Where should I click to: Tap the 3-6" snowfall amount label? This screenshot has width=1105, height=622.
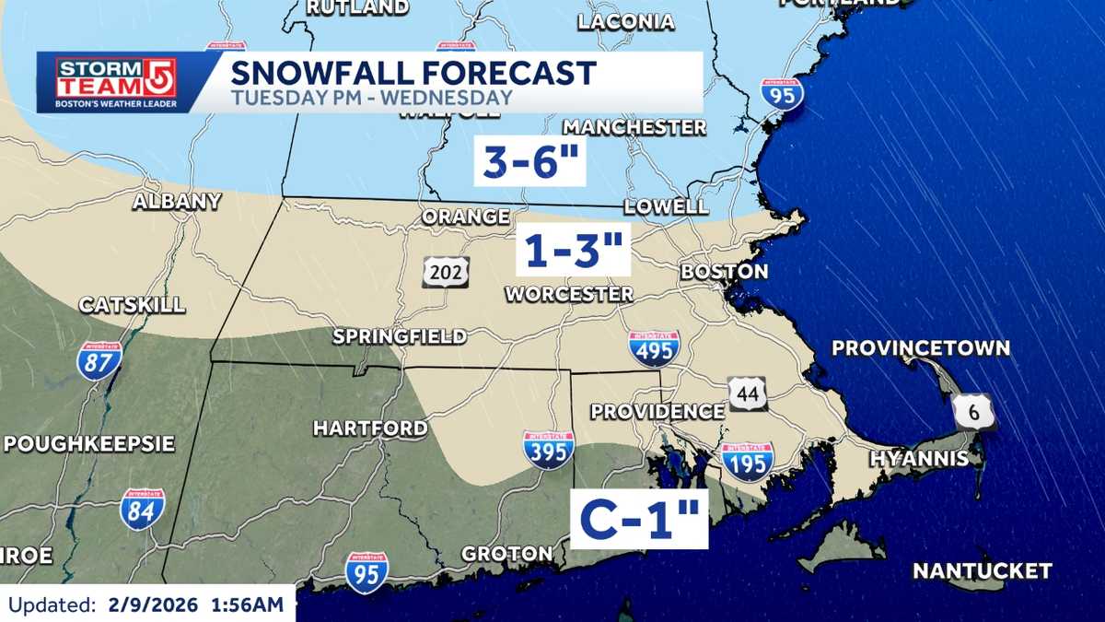click(529, 163)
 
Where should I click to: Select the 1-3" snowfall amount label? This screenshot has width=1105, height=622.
click(572, 250)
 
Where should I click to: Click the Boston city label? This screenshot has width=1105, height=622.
click(724, 271)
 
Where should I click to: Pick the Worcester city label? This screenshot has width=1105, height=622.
click(569, 294)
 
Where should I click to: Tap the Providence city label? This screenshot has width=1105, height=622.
click(657, 411)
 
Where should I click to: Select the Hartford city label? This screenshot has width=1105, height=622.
click(370, 428)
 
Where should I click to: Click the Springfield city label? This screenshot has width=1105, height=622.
click(400, 336)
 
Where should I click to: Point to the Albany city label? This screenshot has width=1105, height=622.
click(177, 202)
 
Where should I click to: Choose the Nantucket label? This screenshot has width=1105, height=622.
click(982, 571)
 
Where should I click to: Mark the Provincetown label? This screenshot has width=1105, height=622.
click(921, 348)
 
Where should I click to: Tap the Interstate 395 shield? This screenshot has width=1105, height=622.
click(549, 450)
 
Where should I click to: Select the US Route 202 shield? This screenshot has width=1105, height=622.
click(447, 271)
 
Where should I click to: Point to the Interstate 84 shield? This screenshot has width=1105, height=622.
click(143, 509)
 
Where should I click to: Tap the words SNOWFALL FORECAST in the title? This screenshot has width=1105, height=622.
click(413, 72)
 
